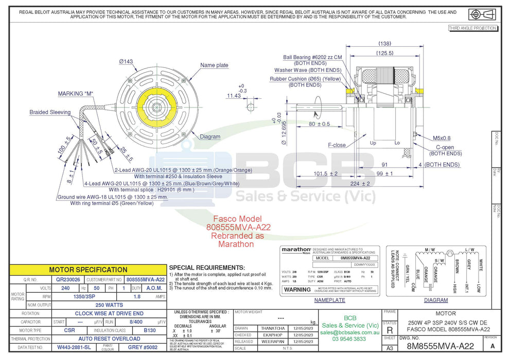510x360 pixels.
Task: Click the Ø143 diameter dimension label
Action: point(126,61)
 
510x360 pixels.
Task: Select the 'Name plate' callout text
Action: point(214,65)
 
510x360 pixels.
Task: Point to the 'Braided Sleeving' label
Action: point(50,112)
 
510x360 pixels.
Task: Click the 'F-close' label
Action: point(337,145)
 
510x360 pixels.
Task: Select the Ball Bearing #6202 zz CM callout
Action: point(312,57)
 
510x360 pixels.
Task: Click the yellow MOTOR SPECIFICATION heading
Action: point(88,269)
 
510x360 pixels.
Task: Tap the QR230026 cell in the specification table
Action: point(68,280)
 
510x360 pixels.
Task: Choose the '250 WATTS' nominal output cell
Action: point(109,305)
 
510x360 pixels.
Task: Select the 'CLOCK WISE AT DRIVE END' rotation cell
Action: point(109,313)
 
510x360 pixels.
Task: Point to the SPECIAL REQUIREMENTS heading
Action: point(206,268)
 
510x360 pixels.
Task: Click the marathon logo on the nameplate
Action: point(295,249)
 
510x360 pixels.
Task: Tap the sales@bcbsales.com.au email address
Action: point(350,333)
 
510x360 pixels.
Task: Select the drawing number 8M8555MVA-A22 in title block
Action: point(440,347)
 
